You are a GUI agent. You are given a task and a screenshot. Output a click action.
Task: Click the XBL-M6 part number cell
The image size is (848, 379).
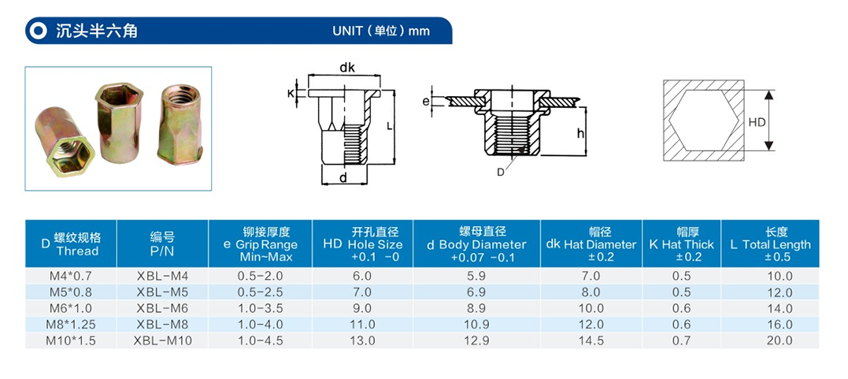point(162,308)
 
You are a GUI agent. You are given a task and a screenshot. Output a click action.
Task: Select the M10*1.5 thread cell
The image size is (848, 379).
point(71,340)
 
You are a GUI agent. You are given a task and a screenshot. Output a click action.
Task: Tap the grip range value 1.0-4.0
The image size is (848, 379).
point(260,325)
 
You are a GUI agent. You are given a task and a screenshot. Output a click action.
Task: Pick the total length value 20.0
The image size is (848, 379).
point(779,340)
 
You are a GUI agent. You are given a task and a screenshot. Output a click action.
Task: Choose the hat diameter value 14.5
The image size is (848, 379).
point(591,340)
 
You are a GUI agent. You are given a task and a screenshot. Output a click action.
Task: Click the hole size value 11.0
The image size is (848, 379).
point(362,325)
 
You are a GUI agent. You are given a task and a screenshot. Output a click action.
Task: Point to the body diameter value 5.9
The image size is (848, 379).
point(476,276)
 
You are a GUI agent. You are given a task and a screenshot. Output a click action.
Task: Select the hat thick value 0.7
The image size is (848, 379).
point(681,340)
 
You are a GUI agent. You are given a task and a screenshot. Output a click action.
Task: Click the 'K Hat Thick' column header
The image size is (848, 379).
point(681,244)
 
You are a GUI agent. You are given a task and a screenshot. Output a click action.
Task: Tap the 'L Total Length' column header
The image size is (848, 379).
point(770,244)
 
